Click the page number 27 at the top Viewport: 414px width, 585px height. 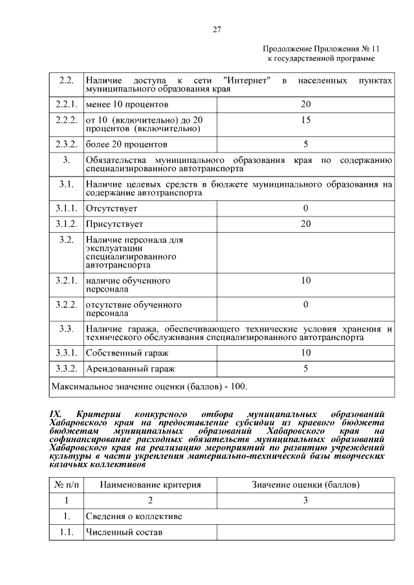pos(217,29)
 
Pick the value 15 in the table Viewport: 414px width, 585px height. pos(305,120)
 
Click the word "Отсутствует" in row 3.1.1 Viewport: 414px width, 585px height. pos(111,208)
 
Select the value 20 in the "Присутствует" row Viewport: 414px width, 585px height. pos(305,224)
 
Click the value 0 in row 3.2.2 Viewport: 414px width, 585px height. pos(305,304)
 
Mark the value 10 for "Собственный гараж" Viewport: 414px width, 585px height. pos(305,352)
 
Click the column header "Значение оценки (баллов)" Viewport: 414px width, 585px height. pos(305,484)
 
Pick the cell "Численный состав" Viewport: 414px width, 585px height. pos(124,533)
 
